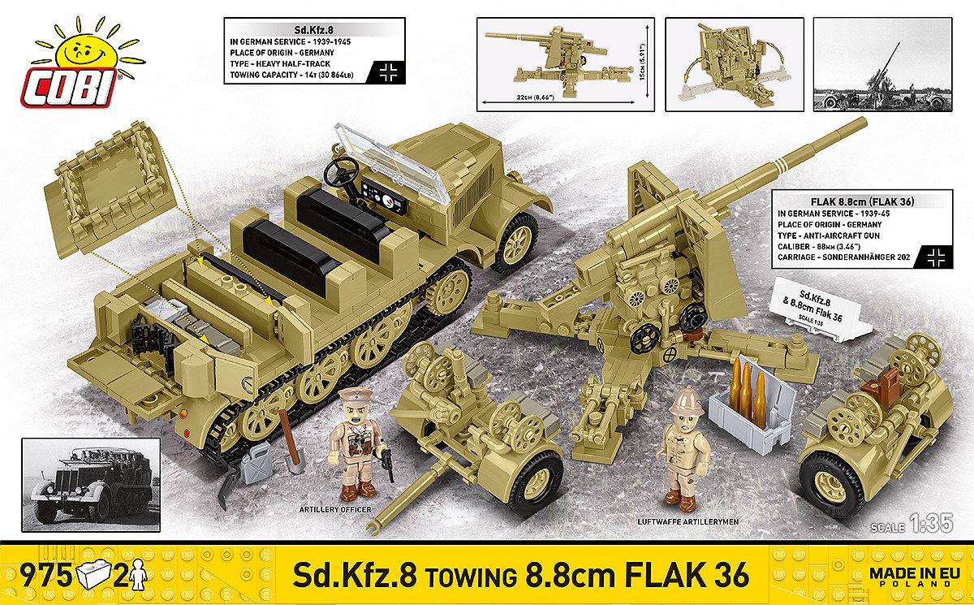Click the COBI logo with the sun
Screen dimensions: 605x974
pos(74,65)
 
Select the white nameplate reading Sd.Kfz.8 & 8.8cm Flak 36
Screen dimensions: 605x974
pos(820,305)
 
